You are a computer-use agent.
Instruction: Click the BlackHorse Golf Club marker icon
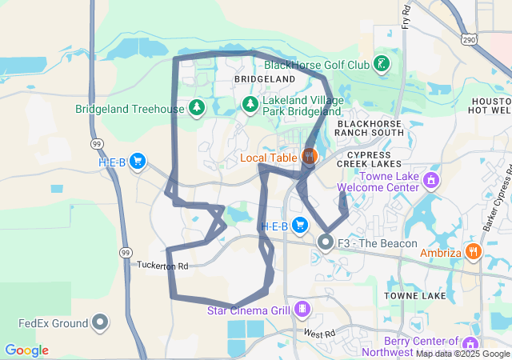tap(382, 64)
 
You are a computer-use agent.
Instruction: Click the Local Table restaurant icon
tap(310, 156)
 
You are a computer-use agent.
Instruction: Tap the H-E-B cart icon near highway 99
tap(138, 162)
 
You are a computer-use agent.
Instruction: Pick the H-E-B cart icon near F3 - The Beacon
tap(300, 225)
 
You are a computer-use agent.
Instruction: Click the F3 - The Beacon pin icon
tap(326, 241)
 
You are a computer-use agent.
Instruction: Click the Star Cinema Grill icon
tap(302, 308)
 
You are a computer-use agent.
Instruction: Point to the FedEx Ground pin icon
tap(100, 322)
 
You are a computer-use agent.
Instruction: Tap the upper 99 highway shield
tap(95, 143)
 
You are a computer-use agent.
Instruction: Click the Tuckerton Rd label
tap(162, 265)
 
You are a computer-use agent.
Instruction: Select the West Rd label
tap(318, 333)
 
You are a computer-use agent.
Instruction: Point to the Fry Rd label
tap(406, 16)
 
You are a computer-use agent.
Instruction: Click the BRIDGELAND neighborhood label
tap(265, 80)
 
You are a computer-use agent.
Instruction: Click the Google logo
tap(26, 350)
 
